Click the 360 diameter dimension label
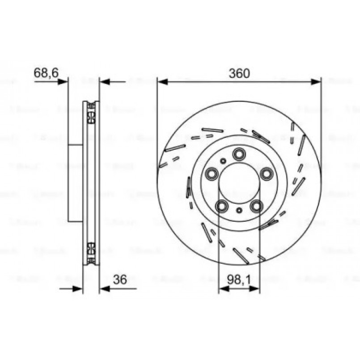pyautogui.click(x=239, y=73)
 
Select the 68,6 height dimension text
pyautogui.click(x=47, y=72)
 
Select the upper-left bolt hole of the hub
pyautogui.click(x=212, y=173)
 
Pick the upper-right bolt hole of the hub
pyautogui.click(x=267, y=174)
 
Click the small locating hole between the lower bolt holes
pyautogui.click(x=239, y=210)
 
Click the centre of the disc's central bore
pyautogui.click(x=239, y=183)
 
